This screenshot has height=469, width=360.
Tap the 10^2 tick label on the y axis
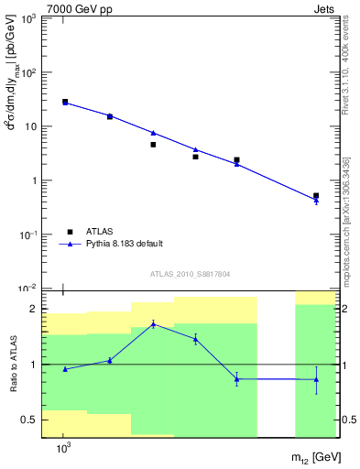click(x=30, y=72)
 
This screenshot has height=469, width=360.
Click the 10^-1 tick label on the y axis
click(x=29, y=234)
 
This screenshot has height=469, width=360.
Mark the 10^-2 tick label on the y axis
click(x=29, y=289)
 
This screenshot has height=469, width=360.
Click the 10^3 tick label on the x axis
click(x=64, y=449)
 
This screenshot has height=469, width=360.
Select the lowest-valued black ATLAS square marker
click(x=316, y=196)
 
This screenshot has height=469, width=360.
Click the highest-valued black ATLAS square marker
click(x=65, y=102)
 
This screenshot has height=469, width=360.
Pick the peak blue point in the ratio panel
click(x=153, y=323)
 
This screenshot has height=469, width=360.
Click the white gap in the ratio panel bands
click(x=276, y=366)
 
